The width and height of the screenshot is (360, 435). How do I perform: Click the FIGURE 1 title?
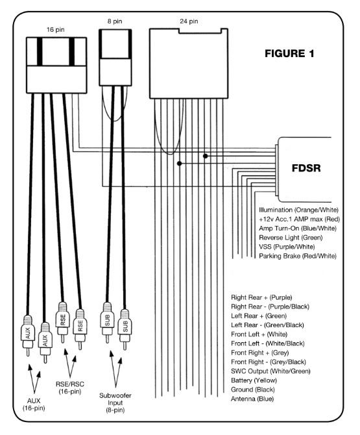(x=289, y=53)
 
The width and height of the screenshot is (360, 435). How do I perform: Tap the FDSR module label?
(x=306, y=168)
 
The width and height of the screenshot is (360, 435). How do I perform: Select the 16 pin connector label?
(x=55, y=30)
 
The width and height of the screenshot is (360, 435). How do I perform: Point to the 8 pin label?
(x=115, y=21)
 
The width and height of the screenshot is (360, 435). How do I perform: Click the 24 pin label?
(x=189, y=21)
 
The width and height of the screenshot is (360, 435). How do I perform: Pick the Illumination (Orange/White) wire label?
(x=299, y=210)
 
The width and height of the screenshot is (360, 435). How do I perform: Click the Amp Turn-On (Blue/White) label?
(x=298, y=229)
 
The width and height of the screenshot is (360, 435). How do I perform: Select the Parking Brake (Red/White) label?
(x=298, y=256)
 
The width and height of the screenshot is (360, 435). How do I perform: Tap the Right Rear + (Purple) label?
(x=261, y=297)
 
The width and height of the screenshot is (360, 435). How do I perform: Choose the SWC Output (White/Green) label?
(x=270, y=371)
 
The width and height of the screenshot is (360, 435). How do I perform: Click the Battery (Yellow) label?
(x=254, y=380)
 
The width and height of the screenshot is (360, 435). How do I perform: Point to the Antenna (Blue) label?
(x=252, y=399)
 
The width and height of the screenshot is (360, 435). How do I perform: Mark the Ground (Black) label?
(x=253, y=390)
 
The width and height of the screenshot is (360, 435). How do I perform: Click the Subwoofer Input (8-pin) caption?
(x=115, y=403)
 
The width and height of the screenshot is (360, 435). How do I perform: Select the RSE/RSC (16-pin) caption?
(x=70, y=388)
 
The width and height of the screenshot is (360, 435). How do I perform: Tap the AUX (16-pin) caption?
(x=34, y=404)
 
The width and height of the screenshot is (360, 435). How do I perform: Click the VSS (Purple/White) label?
(x=287, y=247)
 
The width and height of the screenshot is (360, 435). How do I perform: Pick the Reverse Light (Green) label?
(x=291, y=238)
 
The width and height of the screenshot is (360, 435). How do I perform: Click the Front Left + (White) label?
(x=259, y=334)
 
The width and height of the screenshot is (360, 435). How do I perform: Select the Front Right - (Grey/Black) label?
(x=269, y=362)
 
